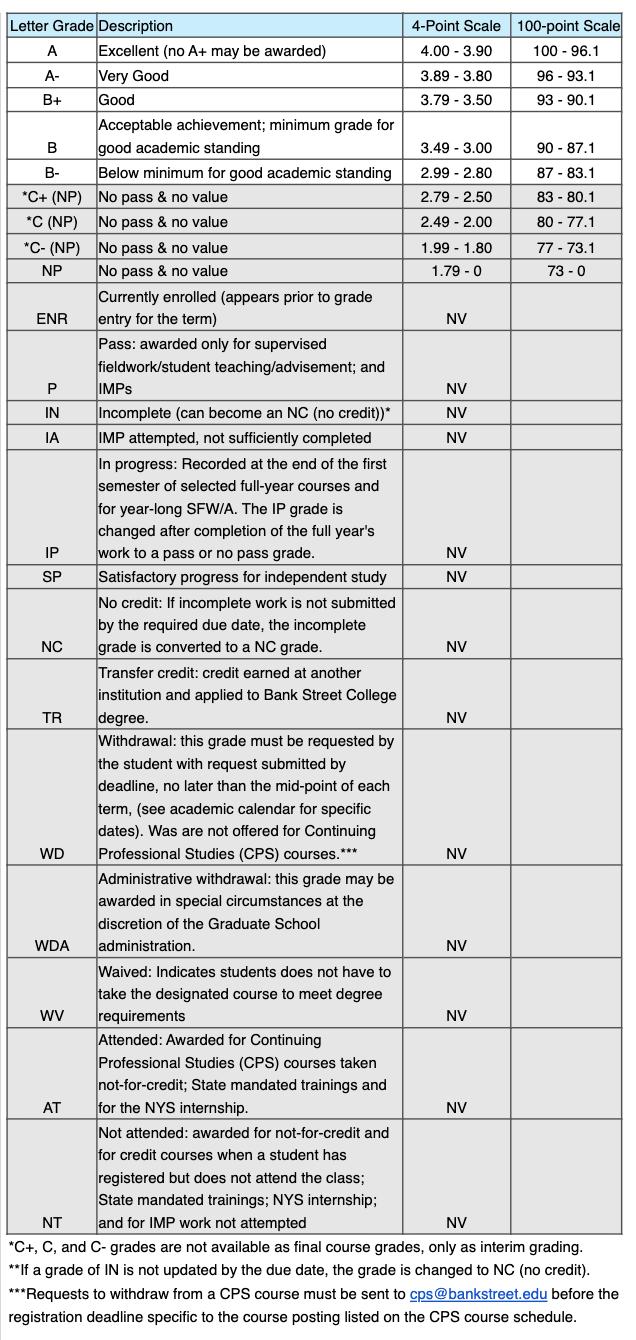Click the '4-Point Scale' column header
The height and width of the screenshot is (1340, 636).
point(456,26)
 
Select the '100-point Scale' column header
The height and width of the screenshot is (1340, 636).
point(568,26)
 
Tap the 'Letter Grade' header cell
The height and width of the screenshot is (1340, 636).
point(51,26)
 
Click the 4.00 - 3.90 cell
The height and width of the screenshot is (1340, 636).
point(456,50)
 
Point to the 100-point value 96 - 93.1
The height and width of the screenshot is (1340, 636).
point(567,75)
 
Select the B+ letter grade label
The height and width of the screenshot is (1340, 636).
point(51,100)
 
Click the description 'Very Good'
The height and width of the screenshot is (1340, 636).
point(133,75)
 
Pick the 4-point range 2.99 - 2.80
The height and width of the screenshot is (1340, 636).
point(456,172)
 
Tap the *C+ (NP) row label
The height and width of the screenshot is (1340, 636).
point(51,197)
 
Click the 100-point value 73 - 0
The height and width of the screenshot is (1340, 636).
point(567,271)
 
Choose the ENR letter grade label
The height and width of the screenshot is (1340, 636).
point(51,319)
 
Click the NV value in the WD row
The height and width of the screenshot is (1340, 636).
point(456,854)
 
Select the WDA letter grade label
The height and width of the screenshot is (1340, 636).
point(51,946)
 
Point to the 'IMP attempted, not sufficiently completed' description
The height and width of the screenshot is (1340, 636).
point(234,437)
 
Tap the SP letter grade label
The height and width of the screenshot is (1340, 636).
point(51,577)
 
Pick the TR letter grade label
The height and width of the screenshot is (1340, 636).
point(51,718)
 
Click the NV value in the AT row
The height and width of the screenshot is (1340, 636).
point(456,1108)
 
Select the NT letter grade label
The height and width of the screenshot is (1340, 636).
point(51,1222)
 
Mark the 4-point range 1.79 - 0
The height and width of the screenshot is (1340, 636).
point(456,271)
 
